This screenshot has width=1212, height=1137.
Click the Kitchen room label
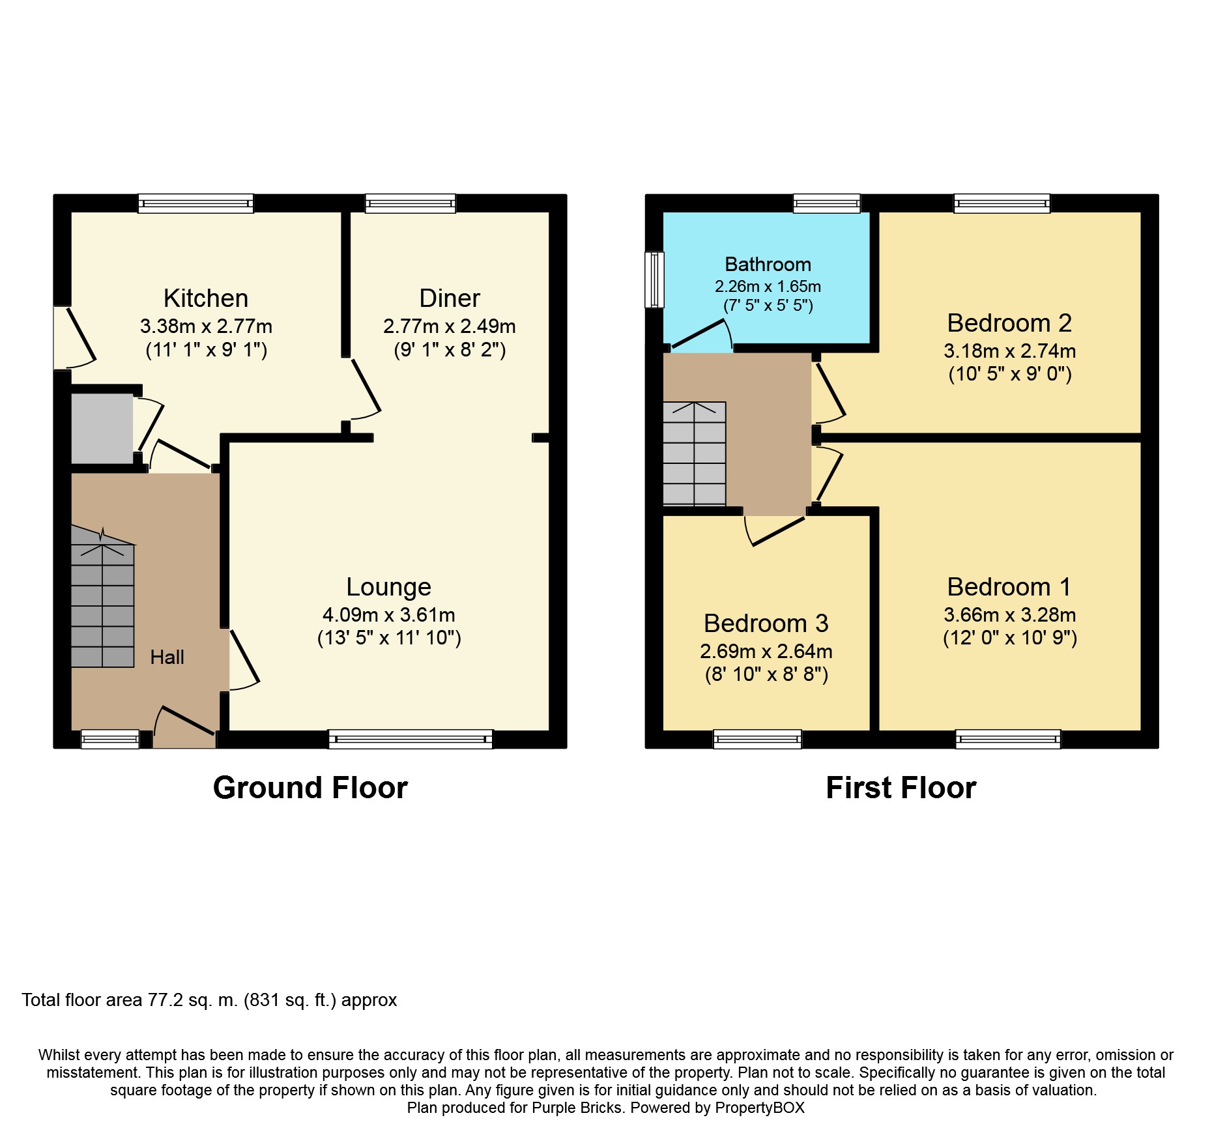(x=206, y=298)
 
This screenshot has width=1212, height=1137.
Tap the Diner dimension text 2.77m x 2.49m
(x=450, y=326)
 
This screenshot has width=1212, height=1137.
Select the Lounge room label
(x=389, y=587)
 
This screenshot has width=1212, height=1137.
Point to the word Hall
(x=167, y=657)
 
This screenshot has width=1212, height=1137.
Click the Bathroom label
(x=768, y=264)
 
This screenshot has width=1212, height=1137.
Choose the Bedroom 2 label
(x=1009, y=323)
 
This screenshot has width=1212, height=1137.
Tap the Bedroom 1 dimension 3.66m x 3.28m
(x=1009, y=614)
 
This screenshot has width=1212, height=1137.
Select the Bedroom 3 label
(x=766, y=624)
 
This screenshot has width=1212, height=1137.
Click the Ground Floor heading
(x=310, y=788)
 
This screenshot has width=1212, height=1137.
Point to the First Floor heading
(x=901, y=788)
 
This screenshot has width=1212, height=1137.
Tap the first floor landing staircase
(x=695, y=453)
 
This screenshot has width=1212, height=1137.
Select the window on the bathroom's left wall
(x=654, y=280)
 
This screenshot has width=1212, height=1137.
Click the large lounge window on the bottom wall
(x=411, y=739)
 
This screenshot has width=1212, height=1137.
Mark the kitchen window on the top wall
(x=195, y=203)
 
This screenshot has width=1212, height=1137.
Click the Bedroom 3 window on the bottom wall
(x=757, y=739)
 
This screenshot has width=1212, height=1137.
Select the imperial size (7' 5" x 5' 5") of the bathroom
(x=768, y=305)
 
